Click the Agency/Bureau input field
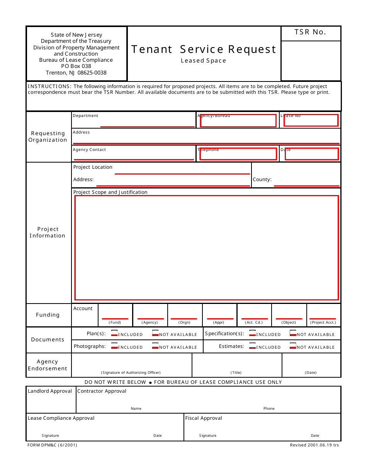coord(238,121)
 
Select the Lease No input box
coord(311,120)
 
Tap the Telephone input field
coord(238,154)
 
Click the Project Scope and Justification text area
coord(206,248)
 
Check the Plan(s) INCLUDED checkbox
coord(114,333)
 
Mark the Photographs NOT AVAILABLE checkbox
coord(155,346)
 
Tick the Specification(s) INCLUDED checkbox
coord(253,333)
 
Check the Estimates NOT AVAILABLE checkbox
coord(293,346)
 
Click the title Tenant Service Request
coord(204,49)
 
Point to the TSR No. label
coord(310,32)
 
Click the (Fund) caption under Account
coord(115,322)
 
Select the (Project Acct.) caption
coord(323,322)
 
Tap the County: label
coord(262,180)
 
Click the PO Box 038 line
coord(76,66)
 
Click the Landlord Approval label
coord(50,391)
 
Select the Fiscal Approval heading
coord(204,418)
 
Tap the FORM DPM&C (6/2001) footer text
coord(52,445)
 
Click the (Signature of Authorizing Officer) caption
coord(131,373)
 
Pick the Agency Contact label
coord(89,150)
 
